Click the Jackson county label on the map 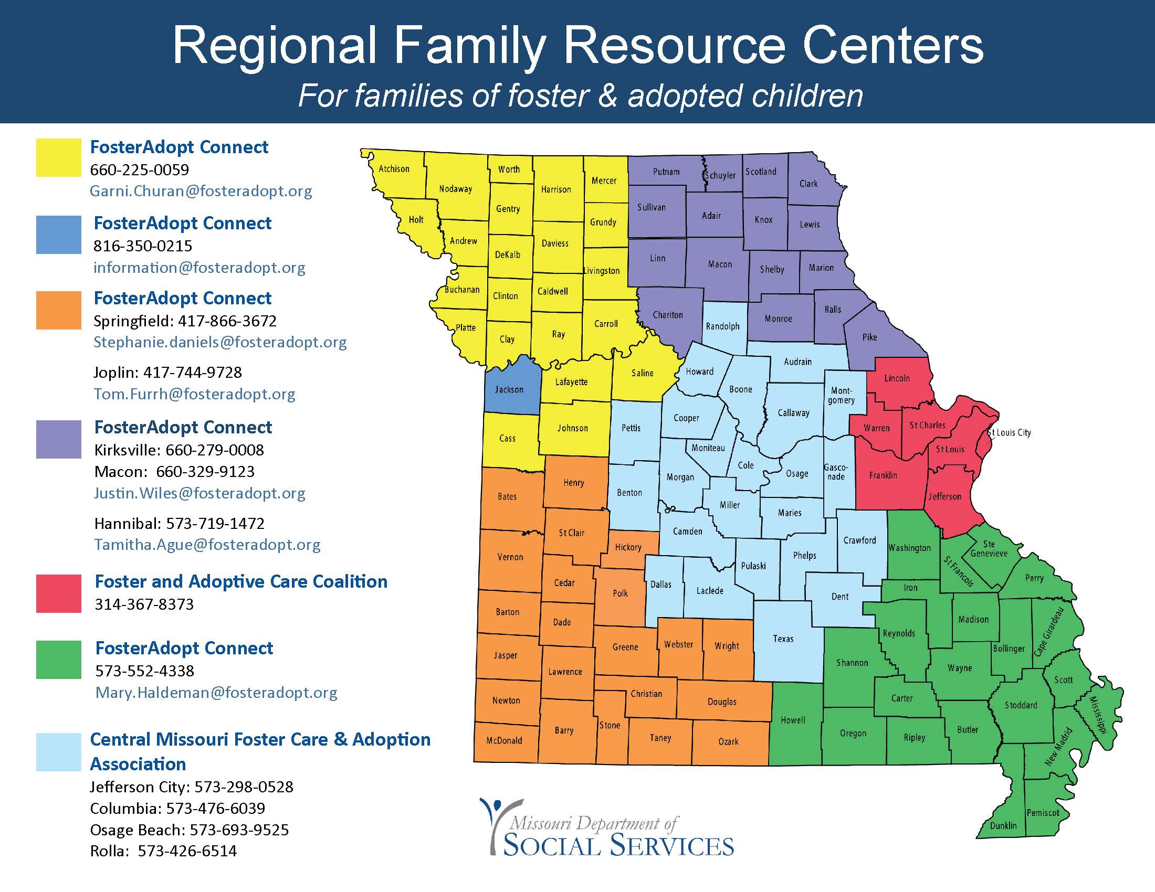click(x=509, y=389)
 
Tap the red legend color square click(x=59, y=593)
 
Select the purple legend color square click(x=59, y=439)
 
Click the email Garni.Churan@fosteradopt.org click(x=201, y=191)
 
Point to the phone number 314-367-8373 click(x=144, y=604)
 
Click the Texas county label click(x=783, y=639)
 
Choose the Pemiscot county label click(x=1043, y=812)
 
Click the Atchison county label click(x=394, y=168)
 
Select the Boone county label click(x=740, y=389)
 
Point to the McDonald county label click(x=504, y=740)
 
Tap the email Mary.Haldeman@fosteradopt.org click(x=216, y=692)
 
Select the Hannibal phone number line click(x=179, y=523)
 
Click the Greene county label click(x=625, y=647)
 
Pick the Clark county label click(x=808, y=183)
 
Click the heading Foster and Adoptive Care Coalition click(x=241, y=581)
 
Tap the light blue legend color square click(x=59, y=752)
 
